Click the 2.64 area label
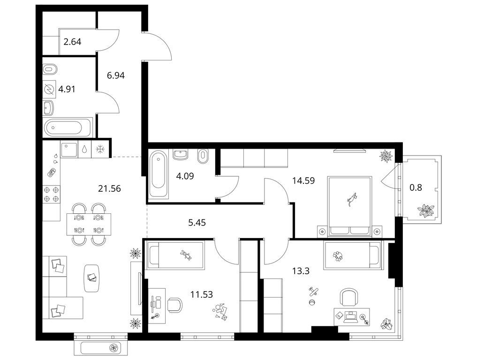coord(72,42)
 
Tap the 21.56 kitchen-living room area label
coord(109,188)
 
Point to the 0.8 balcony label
coord(416,187)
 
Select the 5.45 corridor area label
coord(197,223)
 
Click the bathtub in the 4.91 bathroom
coord(68,127)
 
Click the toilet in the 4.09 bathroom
coord(203,156)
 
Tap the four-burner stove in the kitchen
coord(51,195)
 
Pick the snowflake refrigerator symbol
coord(100,149)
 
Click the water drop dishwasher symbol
coord(84,149)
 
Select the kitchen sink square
coord(69,149)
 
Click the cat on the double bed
coord(352,200)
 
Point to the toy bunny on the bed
coord(186,255)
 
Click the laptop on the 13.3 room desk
coord(351,317)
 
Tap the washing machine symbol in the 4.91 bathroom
coord(49,90)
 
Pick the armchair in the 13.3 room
coord(348,297)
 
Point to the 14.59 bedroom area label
coord(303,180)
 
